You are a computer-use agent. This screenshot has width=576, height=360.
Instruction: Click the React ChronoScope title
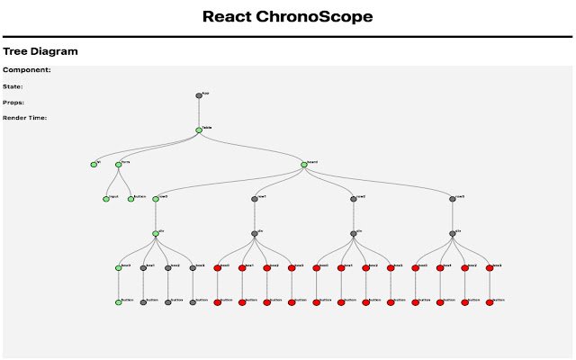[x=287, y=16]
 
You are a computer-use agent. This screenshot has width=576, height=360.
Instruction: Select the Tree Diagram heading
[x=40, y=51]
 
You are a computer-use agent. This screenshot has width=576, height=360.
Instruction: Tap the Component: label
[x=27, y=69]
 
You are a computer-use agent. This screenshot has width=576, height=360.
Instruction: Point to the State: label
[x=13, y=86]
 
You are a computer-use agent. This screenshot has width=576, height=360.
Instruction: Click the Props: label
[x=13, y=103]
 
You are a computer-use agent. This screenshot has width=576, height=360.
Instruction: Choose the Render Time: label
[x=25, y=118]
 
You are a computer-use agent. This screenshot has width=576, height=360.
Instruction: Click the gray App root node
[x=199, y=95]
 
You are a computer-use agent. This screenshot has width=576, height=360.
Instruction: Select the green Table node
[x=199, y=130]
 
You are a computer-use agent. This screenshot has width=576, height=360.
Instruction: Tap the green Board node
[x=304, y=165]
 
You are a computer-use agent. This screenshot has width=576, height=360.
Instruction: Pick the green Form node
[x=119, y=165]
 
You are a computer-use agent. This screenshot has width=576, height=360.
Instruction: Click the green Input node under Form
[x=106, y=199]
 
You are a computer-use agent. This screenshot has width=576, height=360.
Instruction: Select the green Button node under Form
[x=131, y=199]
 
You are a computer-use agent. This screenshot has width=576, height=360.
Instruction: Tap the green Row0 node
[x=156, y=199]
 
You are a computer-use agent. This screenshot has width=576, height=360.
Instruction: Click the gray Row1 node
[x=255, y=199]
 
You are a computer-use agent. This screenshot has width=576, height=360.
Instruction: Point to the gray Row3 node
[x=453, y=199]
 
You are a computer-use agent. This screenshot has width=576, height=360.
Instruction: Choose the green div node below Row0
[x=156, y=234]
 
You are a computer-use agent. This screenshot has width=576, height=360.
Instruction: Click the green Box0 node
[x=119, y=268]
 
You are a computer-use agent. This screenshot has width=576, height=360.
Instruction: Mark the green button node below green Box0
[x=119, y=302]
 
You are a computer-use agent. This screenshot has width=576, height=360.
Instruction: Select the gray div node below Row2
[x=354, y=234]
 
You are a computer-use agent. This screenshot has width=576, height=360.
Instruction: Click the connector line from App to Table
[x=199, y=112]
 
